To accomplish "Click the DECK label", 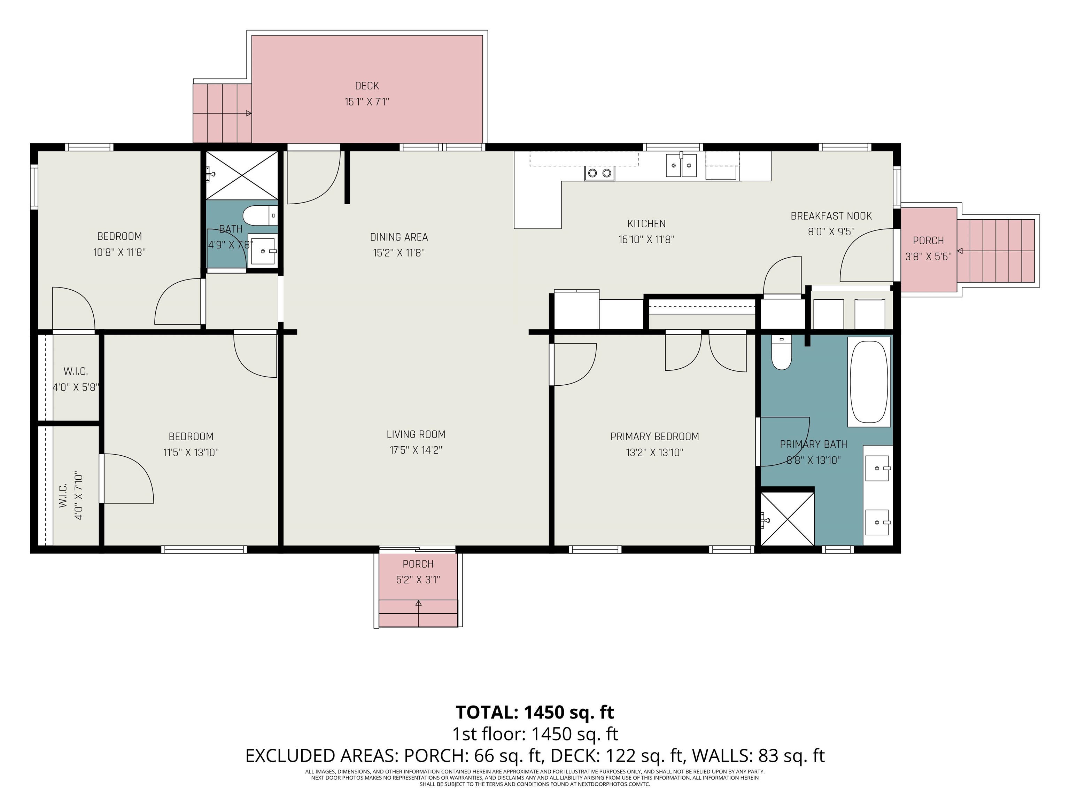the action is [367, 86].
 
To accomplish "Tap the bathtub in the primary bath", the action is [869, 382].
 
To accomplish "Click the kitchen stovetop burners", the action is [599, 173].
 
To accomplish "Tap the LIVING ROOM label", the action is [416, 434].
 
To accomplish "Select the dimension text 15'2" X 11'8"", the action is [398, 253].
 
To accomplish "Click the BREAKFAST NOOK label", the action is [831, 216].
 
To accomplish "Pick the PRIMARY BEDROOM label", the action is [654, 437].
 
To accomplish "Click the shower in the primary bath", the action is [788, 519].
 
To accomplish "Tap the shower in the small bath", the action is [242, 175].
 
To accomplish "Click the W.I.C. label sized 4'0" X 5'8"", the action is [76, 371].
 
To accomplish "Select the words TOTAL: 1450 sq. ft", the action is [535, 712].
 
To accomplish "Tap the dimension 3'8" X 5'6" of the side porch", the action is [928, 257].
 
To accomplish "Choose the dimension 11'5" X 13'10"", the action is [191, 453].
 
